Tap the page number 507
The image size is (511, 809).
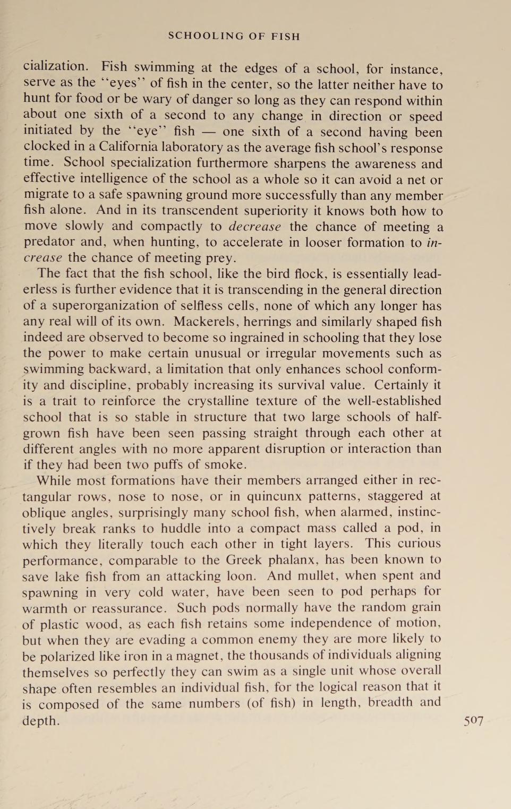pos(473,720)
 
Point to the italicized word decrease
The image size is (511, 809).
pos(254,227)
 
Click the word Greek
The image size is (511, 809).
pos(243,560)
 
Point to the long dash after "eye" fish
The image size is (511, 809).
pos(208,132)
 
